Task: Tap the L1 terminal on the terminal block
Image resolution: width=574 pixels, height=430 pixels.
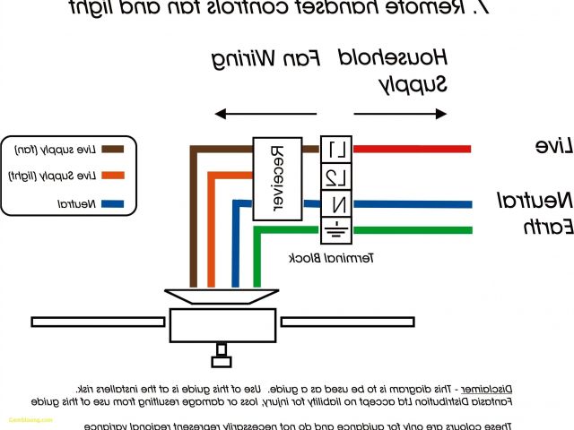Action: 335,150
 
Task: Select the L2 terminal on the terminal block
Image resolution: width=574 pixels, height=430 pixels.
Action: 335,176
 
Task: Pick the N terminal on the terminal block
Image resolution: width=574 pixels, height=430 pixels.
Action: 335,203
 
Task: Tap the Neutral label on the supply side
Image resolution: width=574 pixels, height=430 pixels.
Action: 535,198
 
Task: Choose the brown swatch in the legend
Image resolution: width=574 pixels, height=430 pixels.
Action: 112,149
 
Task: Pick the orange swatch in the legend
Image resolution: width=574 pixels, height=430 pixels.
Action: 112,176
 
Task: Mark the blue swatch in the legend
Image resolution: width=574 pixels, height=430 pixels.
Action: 112,204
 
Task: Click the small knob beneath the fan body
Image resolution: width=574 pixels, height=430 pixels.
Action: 221,360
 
